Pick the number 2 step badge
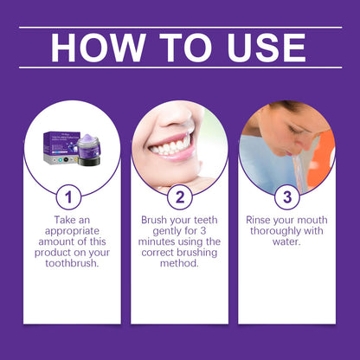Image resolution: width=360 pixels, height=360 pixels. point(179,196)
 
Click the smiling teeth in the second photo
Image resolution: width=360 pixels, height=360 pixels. point(170,145)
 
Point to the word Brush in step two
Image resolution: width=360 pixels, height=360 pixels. point(157,221)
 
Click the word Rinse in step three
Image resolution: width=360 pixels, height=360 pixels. point(261,221)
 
